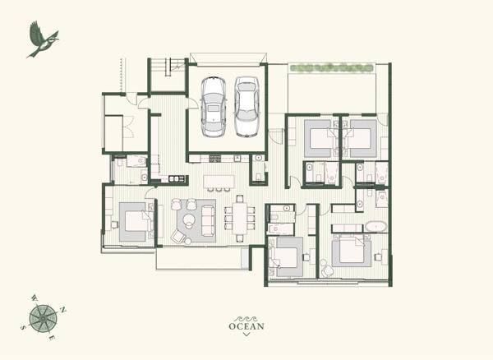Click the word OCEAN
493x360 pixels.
pos(246,326)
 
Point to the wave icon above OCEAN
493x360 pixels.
pos(246,316)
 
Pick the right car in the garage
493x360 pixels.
pos(246,107)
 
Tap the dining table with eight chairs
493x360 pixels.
pos(240,218)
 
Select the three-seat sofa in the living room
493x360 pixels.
pos(205,217)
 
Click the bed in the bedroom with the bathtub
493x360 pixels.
pos(352,250)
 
